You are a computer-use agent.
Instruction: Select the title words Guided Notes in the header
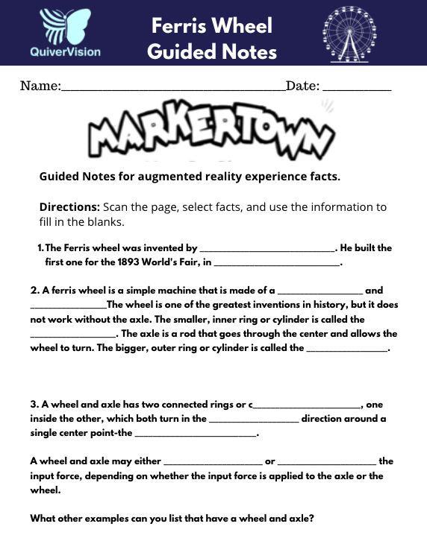pyautogui.click(x=212, y=51)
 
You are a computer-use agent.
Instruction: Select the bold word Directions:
pyautogui.click(x=69, y=206)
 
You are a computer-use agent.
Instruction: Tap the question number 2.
pyautogui.click(x=34, y=290)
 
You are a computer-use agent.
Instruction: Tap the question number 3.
pyautogui.click(x=34, y=404)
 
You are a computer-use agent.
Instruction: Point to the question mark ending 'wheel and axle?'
pyautogui.click(x=311, y=518)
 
